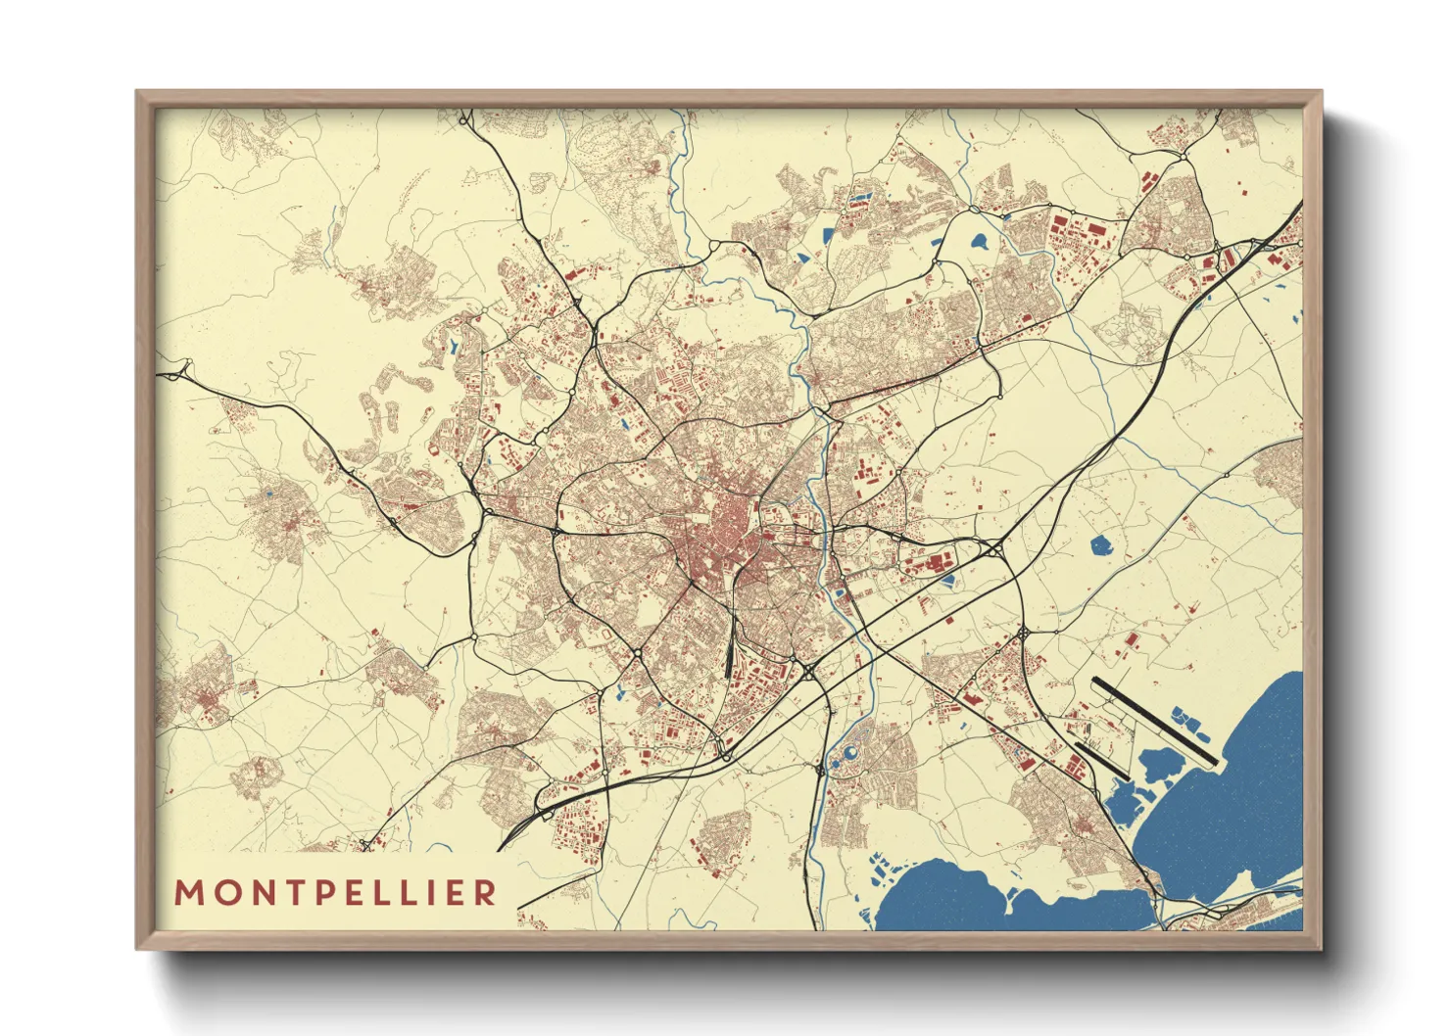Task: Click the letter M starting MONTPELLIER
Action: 188,893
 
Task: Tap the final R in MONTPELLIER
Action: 485,893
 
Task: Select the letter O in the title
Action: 221,893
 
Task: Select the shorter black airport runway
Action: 1102,761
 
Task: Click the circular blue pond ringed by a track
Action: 848,754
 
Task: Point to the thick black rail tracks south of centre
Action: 731,652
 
